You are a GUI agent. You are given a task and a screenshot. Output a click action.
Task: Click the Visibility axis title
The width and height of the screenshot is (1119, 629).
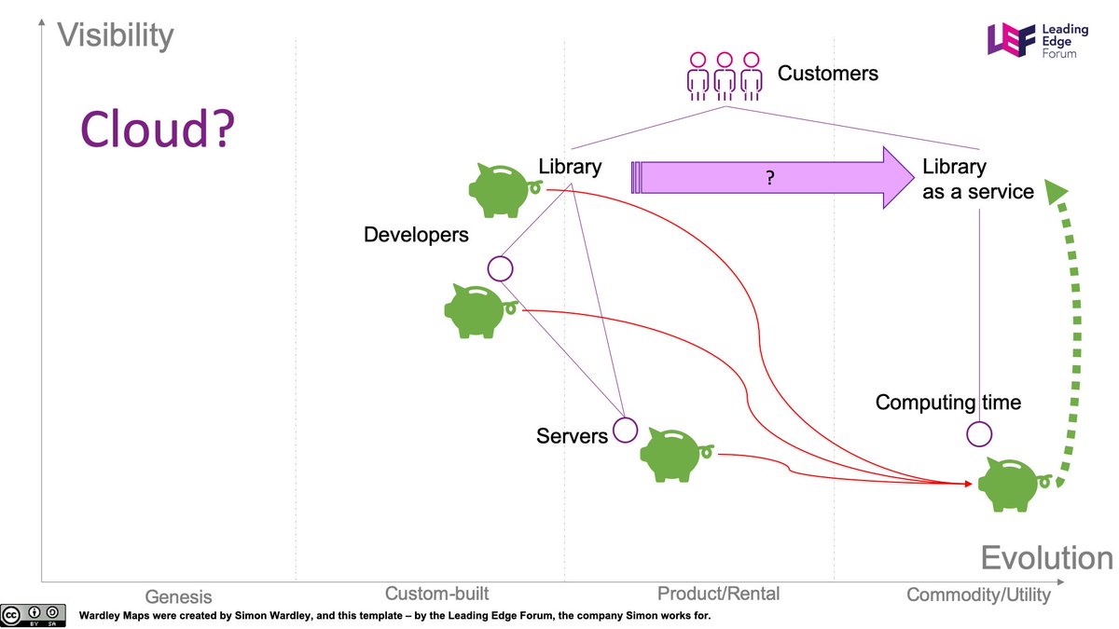click(116, 35)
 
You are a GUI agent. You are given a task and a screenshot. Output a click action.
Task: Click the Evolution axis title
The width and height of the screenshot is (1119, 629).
click(1046, 558)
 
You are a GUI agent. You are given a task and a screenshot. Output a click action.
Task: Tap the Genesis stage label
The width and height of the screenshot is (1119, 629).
click(178, 596)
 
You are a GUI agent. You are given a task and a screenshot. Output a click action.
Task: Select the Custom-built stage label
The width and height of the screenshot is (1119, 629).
click(436, 594)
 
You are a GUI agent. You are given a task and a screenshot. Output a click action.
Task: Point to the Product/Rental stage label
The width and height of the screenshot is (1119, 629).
click(718, 594)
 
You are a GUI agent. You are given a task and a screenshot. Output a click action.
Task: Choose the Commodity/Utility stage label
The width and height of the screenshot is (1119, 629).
click(978, 595)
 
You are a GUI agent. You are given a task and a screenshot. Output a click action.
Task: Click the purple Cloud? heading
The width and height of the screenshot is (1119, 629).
click(156, 129)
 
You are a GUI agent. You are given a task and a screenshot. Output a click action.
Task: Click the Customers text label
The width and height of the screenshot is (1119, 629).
click(827, 73)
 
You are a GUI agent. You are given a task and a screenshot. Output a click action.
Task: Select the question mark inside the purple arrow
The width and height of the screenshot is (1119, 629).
click(769, 178)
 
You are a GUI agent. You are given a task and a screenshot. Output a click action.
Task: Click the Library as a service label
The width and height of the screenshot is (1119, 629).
click(977, 179)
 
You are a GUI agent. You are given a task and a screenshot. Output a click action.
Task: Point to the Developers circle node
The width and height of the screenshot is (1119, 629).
click(501, 269)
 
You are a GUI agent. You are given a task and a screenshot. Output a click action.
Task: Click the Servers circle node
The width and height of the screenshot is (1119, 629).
click(625, 430)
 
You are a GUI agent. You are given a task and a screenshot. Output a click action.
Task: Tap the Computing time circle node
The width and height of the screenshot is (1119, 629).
click(978, 433)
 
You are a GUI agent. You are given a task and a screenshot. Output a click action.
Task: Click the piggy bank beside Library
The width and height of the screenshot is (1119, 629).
click(502, 185)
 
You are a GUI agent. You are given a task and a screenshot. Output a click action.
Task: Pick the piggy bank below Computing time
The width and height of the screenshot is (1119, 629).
click(1011, 483)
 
